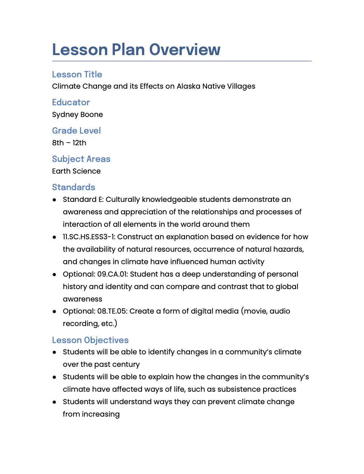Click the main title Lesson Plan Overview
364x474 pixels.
pos(136,49)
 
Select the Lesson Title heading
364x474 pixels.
pos(77,74)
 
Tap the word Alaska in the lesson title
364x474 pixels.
pos(188,86)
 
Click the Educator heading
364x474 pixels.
pos(71,102)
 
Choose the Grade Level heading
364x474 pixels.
pos(76,131)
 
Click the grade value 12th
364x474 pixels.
pos(79,143)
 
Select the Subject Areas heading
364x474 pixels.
pos(81,159)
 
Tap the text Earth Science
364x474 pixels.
pos(76,171)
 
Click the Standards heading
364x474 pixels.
pos(74,187)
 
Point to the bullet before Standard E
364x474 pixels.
pos(55,200)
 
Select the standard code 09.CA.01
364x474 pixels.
pos(112,274)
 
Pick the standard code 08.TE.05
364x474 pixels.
pos(112,311)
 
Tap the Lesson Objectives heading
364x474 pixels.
pos(90,340)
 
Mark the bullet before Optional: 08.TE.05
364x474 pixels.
pos(55,311)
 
